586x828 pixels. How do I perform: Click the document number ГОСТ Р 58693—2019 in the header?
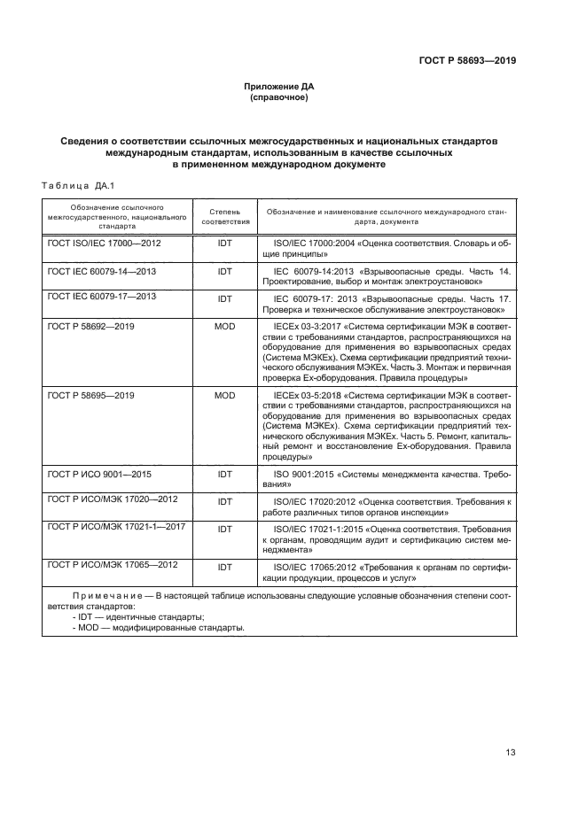(467, 61)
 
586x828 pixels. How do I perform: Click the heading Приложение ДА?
(279, 87)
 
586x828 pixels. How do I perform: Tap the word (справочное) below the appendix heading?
(279, 97)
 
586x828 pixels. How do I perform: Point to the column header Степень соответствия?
(225, 218)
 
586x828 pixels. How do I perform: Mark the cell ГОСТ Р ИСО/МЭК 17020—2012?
(112, 499)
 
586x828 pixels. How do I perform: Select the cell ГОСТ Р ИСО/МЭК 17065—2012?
(112, 564)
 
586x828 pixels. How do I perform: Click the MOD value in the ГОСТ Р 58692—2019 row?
(225, 327)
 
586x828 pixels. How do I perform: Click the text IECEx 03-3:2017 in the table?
(309, 327)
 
